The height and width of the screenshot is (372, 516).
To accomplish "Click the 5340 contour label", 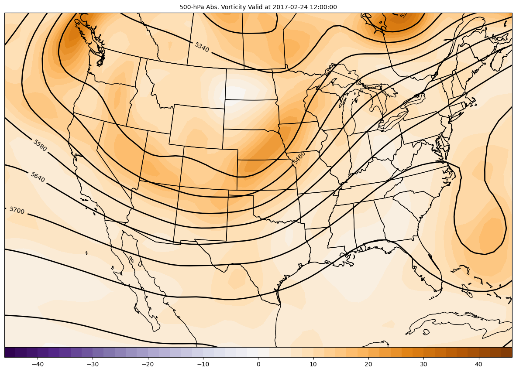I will click(x=202, y=47).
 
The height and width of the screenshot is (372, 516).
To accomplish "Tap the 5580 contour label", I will click(x=40, y=145).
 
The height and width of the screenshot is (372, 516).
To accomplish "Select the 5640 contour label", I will click(x=38, y=177).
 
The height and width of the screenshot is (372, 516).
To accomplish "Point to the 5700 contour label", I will click(x=17, y=211).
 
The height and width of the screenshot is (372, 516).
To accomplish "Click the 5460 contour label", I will click(x=299, y=157).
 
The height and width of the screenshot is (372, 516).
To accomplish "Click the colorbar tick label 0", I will click(x=258, y=364).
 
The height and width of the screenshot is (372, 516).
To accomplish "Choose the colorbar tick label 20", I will click(x=368, y=364).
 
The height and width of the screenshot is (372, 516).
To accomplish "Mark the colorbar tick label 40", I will click(x=478, y=364).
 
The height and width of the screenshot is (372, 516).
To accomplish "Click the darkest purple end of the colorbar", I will click(x=10, y=352).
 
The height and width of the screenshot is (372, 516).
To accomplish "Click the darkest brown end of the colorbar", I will click(x=506, y=352).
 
